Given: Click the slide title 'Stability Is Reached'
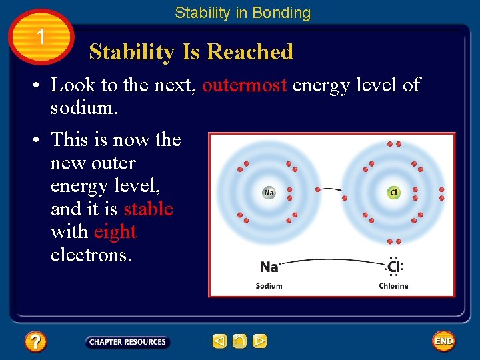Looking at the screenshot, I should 191,52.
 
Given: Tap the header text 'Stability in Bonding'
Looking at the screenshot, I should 243,13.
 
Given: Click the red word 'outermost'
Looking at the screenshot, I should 245,85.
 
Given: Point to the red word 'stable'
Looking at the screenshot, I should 148,209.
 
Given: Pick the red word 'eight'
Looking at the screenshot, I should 115,232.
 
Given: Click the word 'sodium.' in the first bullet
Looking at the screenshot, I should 84,108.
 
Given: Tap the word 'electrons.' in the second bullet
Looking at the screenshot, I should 91,255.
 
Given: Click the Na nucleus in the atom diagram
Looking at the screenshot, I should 269,193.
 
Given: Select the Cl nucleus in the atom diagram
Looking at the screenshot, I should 393,193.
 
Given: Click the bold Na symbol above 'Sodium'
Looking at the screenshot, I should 269,267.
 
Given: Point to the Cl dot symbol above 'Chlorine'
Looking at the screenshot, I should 394,267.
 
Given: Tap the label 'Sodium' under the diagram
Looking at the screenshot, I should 269,286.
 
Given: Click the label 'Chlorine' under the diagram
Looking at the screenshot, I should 393,286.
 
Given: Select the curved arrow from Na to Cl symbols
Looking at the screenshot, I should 331,261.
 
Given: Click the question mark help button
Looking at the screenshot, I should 35,342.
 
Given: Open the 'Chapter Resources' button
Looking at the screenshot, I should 127,342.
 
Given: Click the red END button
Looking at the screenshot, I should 443,341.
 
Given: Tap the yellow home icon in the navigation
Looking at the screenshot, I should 240,341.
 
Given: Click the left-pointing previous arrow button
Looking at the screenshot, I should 219,341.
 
